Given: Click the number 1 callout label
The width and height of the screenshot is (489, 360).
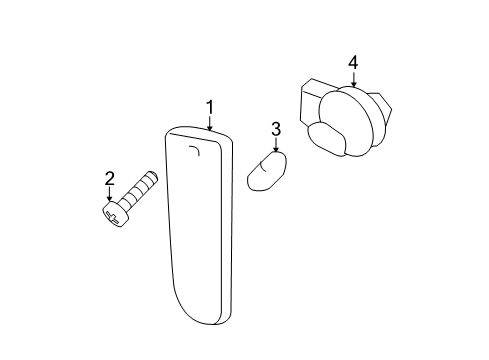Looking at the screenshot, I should click(x=210, y=107).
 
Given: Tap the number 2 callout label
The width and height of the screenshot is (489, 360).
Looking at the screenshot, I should click(x=110, y=179).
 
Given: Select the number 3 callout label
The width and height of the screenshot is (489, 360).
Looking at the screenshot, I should click(x=276, y=129).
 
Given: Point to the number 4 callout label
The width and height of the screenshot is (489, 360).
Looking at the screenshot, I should click(x=353, y=63).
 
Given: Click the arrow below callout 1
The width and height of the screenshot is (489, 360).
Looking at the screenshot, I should click(x=210, y=123).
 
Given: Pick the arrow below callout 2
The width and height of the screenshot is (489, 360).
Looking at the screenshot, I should click(x=110, y=196).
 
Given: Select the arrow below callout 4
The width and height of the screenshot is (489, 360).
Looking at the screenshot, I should click(x=353, y=80).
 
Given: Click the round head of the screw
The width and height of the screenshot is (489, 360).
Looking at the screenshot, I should click(x=115, y=213).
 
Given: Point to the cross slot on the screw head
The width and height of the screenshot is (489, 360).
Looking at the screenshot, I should click(x=114, y=214).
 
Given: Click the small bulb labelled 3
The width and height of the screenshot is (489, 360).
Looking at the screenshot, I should click(x=267, y=172).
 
